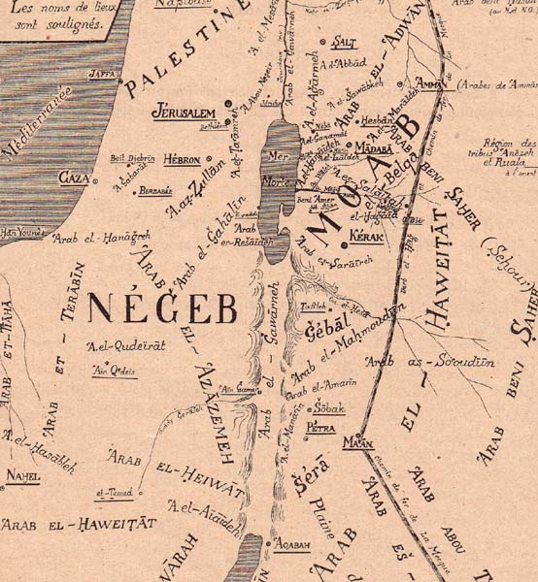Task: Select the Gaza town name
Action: (74, 178)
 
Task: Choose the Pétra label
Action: (320, 427)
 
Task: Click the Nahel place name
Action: (23, 475)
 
